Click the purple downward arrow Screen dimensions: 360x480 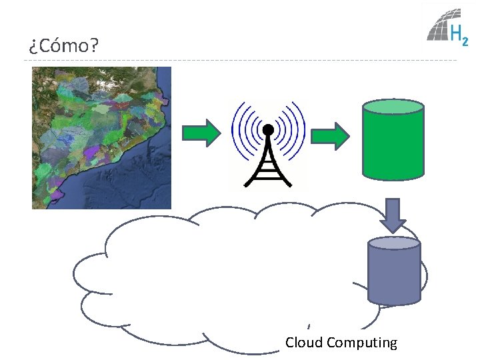tap(393, 215)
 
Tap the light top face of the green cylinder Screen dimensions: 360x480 tap(393, 107)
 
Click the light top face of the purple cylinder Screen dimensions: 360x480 tap(395, 244)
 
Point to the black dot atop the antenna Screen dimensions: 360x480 tap(268, 129)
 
